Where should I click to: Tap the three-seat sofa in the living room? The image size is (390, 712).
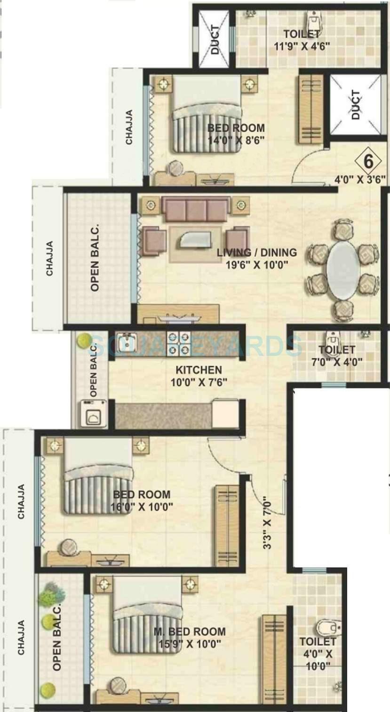click(197, 209)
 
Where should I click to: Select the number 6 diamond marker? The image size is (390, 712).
click(368, 162)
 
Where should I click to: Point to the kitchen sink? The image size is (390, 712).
click(126, 341)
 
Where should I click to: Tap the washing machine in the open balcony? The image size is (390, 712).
click(93, 412)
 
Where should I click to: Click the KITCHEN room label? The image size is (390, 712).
click(199, 370)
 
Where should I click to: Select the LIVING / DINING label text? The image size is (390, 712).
click(256, 253)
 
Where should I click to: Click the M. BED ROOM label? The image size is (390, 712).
click(190, 631)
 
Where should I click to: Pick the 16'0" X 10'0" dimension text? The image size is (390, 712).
click(143, 506)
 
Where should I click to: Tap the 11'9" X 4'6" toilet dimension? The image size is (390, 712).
click(302, 46)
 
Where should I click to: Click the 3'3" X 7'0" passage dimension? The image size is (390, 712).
click(268, 522)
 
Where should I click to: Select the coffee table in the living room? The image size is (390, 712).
click(195, 241)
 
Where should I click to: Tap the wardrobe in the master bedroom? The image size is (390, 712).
click(274, 659)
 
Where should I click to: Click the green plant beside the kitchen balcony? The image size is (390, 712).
click(85, 340)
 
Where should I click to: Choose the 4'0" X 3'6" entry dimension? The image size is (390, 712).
click(360, 179)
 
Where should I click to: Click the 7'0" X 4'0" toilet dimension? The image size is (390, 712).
click(336, 362)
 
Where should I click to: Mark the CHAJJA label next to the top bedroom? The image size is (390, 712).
click(128, 127)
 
